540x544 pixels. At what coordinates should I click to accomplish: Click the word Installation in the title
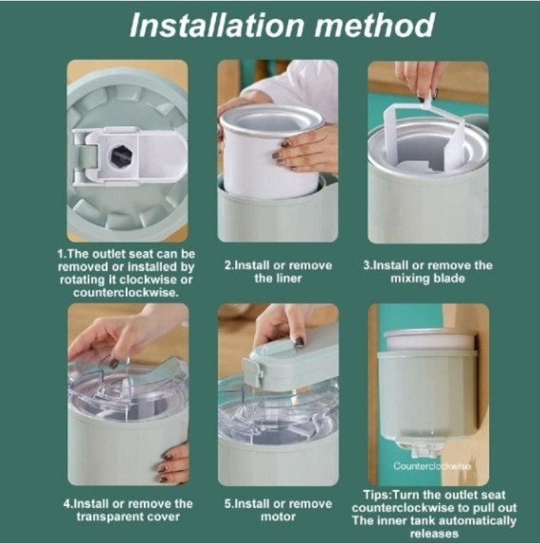coord(217,25)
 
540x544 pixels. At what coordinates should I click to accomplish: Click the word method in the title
coord(374,25)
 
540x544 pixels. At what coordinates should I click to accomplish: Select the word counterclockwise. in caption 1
coord(125,292)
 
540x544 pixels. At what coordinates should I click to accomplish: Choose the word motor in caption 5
coord(278,517)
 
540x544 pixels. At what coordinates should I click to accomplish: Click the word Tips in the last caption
coord(376,495)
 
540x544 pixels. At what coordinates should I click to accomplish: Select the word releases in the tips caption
coord(434,533)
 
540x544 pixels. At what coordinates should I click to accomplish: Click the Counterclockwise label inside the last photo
coord(432,466)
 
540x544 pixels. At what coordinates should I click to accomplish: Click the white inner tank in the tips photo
coord(430,339)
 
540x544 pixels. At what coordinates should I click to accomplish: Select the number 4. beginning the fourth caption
coord(68,504)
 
